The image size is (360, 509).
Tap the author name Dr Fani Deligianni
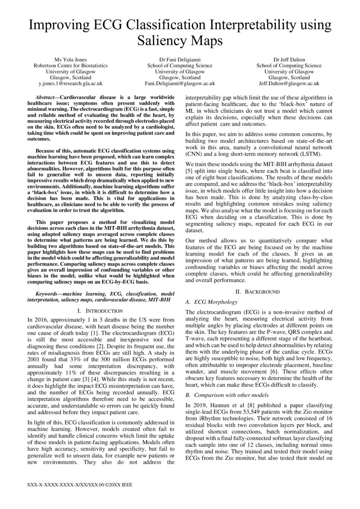coord(179,59)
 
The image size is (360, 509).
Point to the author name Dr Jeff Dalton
coord(289,59)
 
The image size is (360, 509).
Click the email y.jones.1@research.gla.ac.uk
coord(71,83)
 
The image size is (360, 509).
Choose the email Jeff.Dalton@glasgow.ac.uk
coord(289,83)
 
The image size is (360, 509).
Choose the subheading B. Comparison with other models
coord(227,395)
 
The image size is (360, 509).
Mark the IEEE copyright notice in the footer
coord(79,485)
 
